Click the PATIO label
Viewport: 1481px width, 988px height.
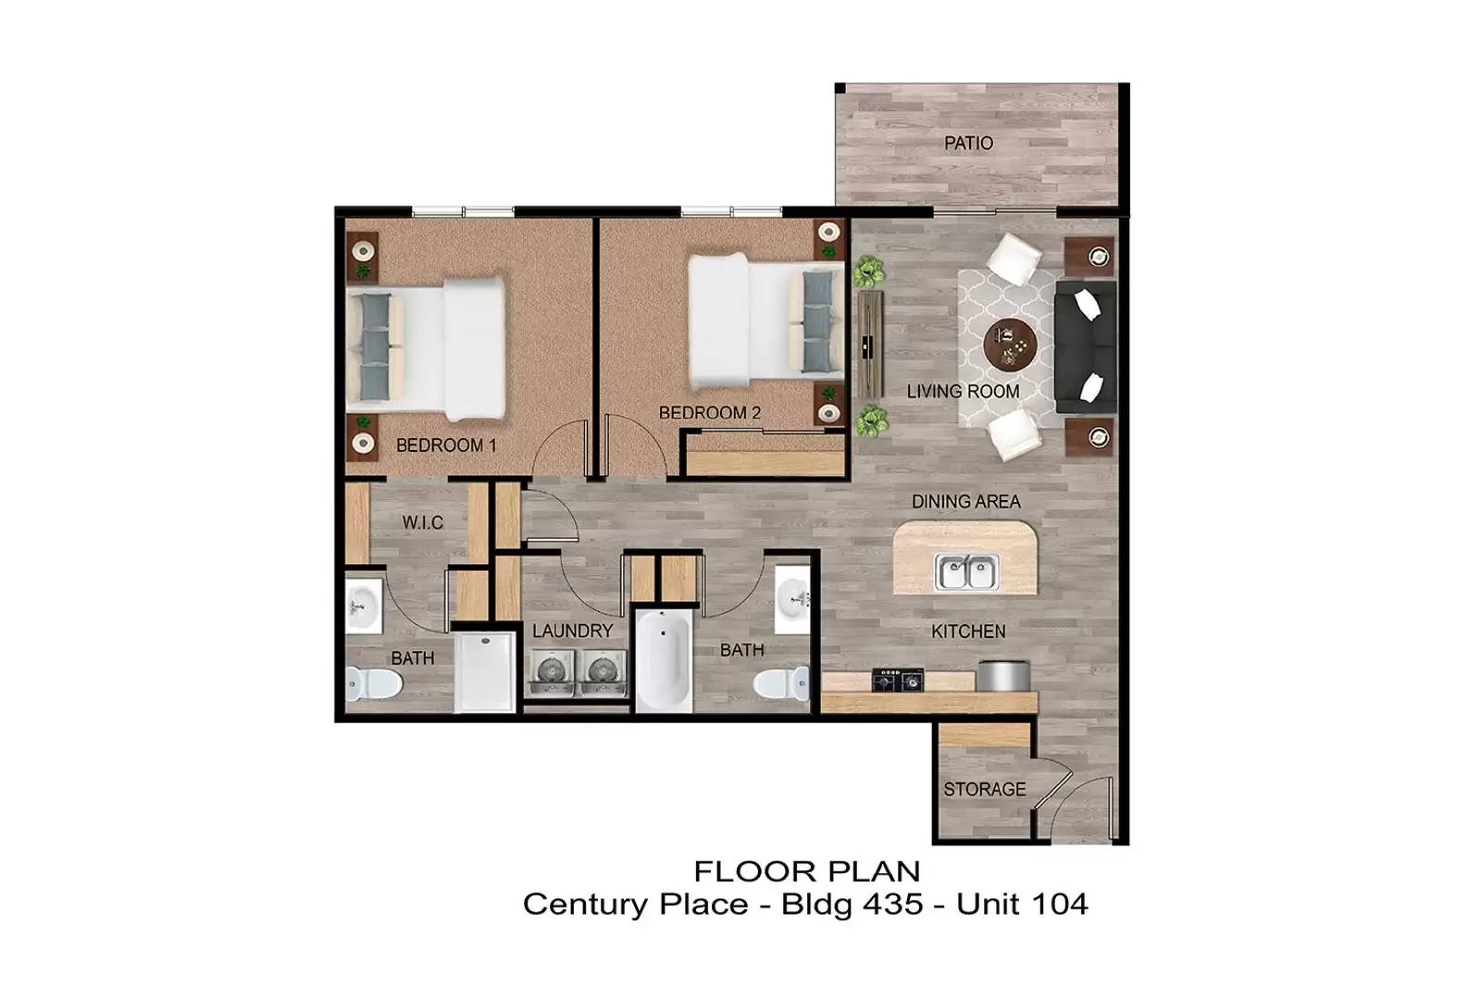click(968, 144)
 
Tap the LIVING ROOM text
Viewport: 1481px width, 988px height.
click(963, 392)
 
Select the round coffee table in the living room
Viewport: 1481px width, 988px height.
click(1010, 346)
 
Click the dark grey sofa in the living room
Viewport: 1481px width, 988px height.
click(1085, 347)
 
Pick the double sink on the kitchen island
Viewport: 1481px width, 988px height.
click(966, 572)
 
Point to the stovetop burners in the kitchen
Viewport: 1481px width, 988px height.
click(899, 680)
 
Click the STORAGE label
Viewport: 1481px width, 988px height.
click(984, 790)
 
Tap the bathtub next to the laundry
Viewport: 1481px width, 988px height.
click(663, 659)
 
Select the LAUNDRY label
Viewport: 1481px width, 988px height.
click(572, 632)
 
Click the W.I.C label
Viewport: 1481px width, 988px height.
click(422, 523)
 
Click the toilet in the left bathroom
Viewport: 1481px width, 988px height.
click(373, 684)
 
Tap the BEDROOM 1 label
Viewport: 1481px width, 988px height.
click(446, 445)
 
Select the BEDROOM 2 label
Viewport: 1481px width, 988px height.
click(709, 413)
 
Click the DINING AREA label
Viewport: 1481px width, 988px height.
click(965, 502)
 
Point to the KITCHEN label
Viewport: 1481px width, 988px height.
click(968, 632)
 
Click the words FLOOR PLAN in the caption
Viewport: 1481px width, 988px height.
click(807, 871)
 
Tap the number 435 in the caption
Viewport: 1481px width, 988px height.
click(892, 904)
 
